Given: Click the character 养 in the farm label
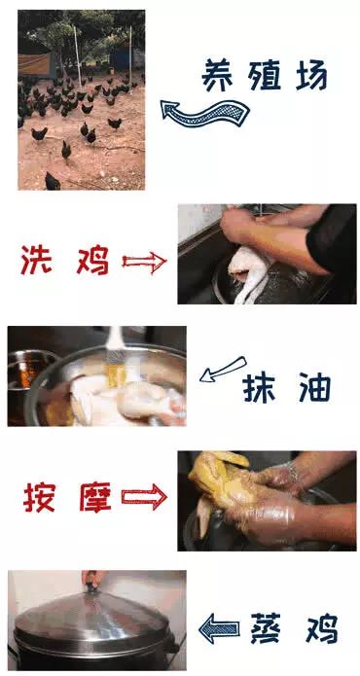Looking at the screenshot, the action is click(219, 76).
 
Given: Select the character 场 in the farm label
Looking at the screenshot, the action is click(311, 76).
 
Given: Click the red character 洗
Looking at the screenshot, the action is click(36, 260).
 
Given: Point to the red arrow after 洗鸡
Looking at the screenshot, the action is click(144, 262).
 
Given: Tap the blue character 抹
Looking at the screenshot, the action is click(258, 387).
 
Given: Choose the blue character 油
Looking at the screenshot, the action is click(314, 387).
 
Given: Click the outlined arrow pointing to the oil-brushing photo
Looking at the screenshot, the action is click(223, 369).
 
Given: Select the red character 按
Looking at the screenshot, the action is click(39, 497).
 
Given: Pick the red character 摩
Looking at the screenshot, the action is click(95, 497).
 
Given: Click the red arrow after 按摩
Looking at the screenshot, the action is click(144, 497).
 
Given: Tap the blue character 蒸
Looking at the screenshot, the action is click(266, 628).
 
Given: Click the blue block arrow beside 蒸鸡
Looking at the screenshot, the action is click(219, 628).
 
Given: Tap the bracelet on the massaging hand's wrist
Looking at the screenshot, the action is click(294, 472).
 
